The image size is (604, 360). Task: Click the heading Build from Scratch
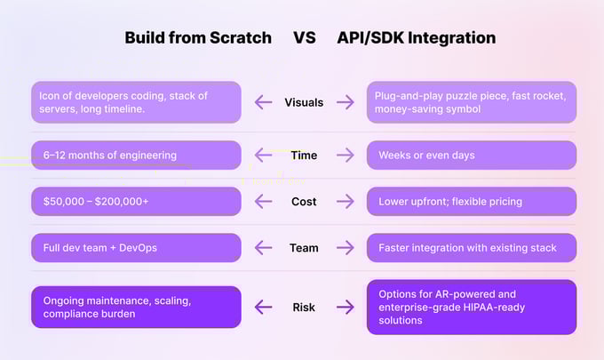click(197, 38)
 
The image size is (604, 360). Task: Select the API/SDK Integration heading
click(416, 38)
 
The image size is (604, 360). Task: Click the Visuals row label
click(304, 102)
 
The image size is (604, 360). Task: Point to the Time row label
click(304, 156)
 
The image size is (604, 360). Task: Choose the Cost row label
click(304, 202)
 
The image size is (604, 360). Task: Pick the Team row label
click(304, 248)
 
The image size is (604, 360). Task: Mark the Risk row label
click(304, 308)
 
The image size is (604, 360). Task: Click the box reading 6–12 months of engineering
click(136, 156)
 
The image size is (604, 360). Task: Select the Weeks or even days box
click(471, 156)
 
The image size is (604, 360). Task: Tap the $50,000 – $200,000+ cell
click(136, 202)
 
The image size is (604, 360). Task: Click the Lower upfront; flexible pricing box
click(471, 202)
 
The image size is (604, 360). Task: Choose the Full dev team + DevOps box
click(136, 248)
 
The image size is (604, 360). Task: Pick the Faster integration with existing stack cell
click(471, 248)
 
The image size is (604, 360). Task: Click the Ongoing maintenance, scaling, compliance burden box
click(136, 308)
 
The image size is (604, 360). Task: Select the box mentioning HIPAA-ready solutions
click(471, 308)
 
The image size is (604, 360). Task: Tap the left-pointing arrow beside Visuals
click(263, 102)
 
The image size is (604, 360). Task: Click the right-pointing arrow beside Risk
click(345, 308)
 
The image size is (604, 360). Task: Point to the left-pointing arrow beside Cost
click(263, 202)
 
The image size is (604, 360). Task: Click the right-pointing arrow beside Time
click(345, 156)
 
